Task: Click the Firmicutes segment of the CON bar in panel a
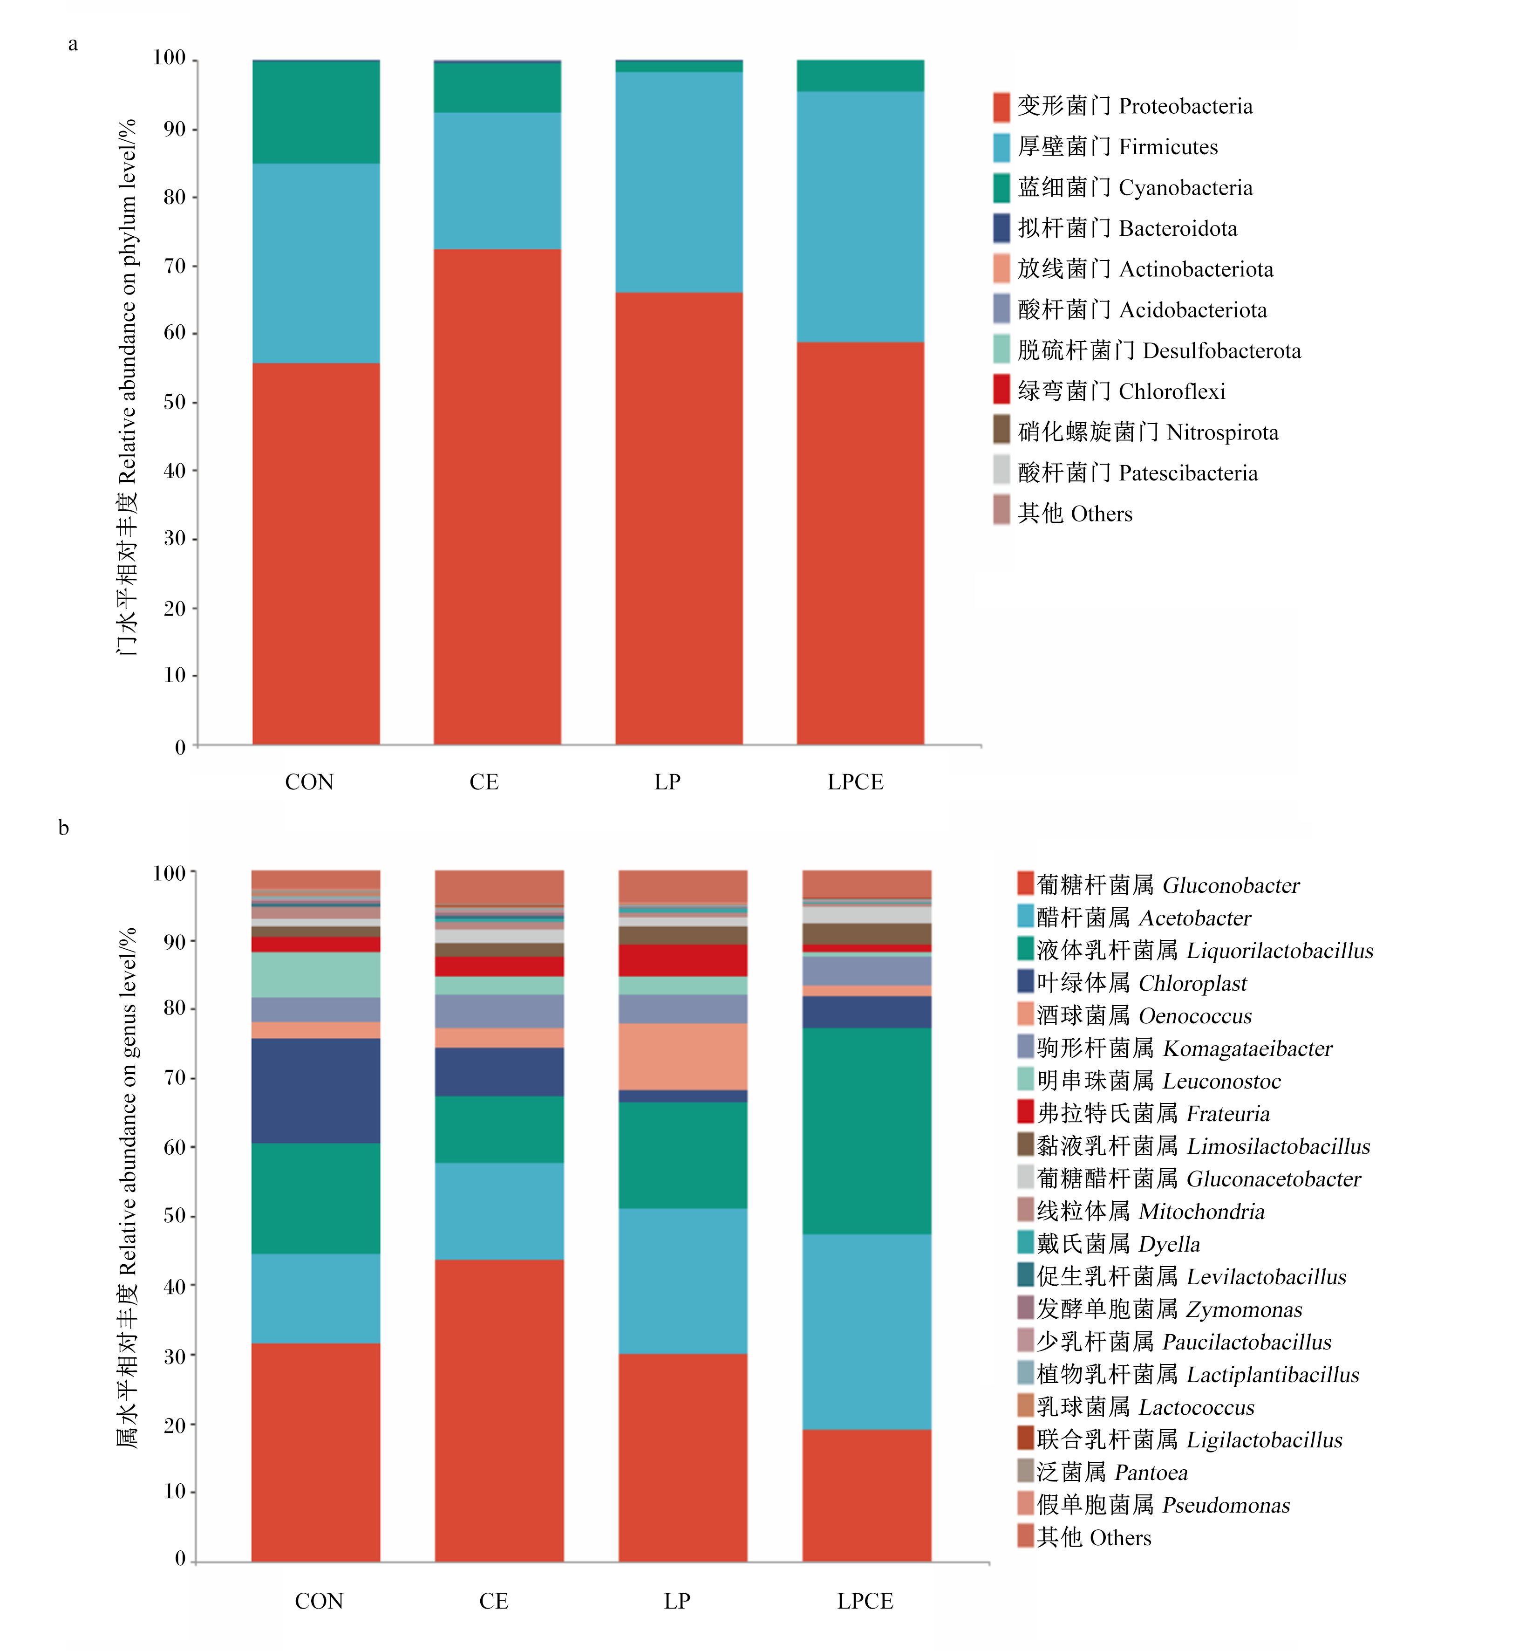(316, 263)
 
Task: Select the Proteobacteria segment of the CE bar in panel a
(497, 497)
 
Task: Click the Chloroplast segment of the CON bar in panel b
(316, 1090)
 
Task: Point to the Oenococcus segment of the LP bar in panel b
(683, 1056)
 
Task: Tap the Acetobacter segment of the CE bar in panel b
(499, 1211)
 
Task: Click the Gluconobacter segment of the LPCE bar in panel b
(866, 1496)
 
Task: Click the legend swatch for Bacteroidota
(1001, 228)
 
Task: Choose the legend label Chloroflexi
(1172, 391)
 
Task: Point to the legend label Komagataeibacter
(1248, 1048)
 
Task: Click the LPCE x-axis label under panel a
(856, 782)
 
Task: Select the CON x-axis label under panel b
(319, 1601)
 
